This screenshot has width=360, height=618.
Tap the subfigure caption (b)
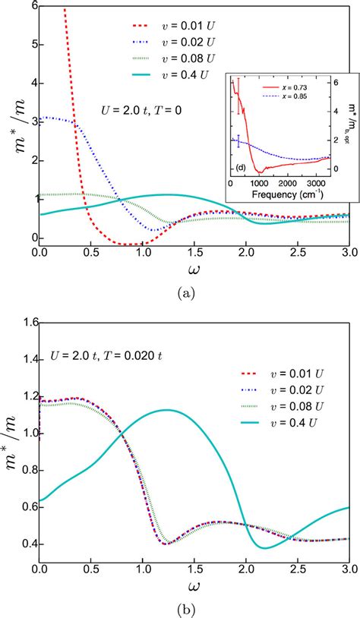(188, 607)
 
